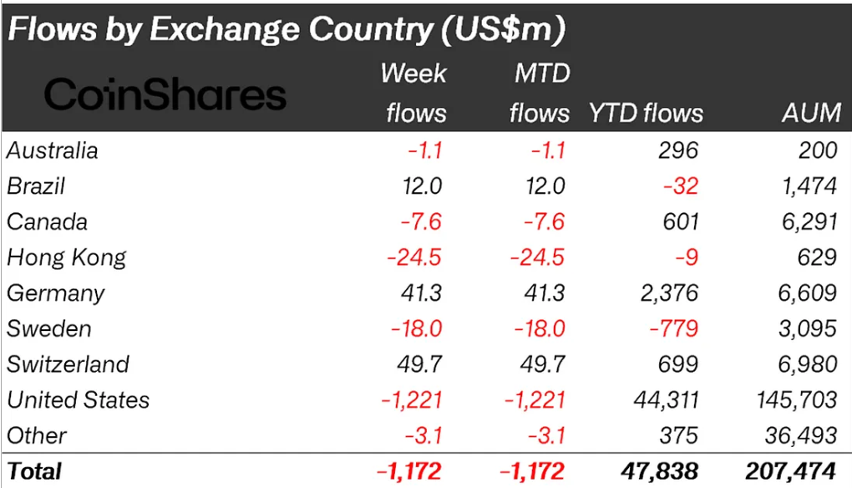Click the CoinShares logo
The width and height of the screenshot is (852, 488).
coord(165,94)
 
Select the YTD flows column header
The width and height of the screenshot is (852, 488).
coord(646,113)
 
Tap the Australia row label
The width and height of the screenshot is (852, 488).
coord(53,150)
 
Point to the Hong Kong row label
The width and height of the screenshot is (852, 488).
coord(67,257)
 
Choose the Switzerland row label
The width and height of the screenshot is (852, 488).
coord(68,364)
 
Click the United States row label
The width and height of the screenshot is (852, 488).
coord(79,400)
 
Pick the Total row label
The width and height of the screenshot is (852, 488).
coord(34,471)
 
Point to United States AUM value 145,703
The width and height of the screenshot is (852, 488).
coord(794,400)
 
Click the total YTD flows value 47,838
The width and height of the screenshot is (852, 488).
coord(660,471)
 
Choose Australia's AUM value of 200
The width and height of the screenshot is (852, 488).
coord(816,150)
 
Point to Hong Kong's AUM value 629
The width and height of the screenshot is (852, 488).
coord(816,257)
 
